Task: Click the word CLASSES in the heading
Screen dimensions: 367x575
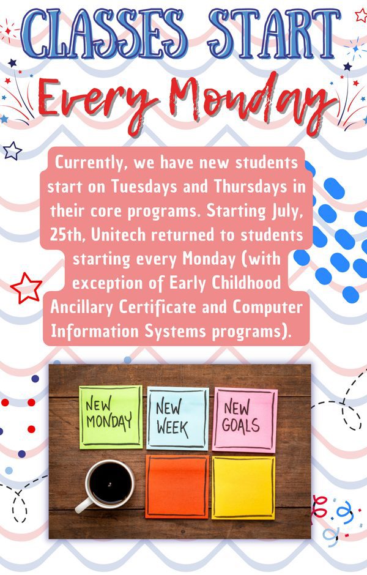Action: [104, 34]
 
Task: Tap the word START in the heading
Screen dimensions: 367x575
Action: [274, 34]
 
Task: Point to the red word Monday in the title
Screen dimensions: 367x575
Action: [253, 100]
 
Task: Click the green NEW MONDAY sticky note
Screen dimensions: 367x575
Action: [111, 417]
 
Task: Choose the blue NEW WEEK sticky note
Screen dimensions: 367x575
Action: [178, 418]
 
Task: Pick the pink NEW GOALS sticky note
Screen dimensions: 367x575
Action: [245, 420]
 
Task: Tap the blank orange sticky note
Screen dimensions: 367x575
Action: [177, 487]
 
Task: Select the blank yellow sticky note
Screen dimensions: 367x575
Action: [243, 488]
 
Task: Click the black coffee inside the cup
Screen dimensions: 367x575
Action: [110, 483]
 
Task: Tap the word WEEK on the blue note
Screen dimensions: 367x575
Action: [172, 428]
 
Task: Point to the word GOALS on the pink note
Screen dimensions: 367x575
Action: [241, 426]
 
